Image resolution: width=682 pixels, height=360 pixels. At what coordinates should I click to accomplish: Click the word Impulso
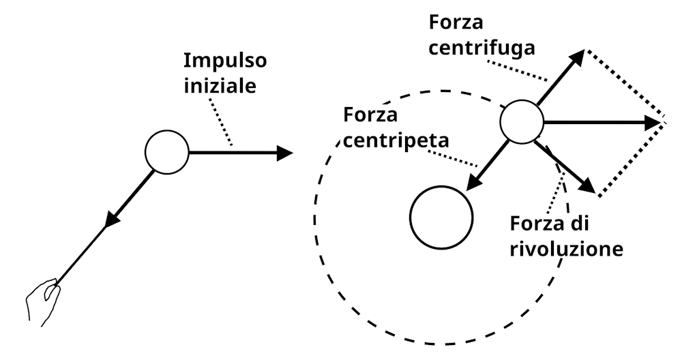pyautogui.click(x=225, y=61)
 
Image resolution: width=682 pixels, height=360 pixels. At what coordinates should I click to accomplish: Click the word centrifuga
pyautogui.click(x=481, y=48)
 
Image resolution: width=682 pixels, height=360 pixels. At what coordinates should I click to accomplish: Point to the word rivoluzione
pyautogui.click(x=566, y=249)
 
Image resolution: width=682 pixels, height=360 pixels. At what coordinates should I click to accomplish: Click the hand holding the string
pyautogui.click(x=42, y=299)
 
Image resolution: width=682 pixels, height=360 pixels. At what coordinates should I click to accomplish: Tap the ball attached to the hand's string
pyautogui.click(x=167, y=152)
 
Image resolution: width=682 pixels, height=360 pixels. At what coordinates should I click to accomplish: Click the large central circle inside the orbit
pyautogui.click(x=441, y=217)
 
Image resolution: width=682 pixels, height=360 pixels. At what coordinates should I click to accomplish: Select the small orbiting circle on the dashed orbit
pyautogui.click(x=522, y=123)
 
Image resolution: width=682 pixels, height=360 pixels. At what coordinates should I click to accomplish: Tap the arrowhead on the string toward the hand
pyautogui.click(x=111, y=220)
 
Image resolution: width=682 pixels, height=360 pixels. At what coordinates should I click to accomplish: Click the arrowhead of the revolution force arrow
pyautogui.click(x=588, y=187)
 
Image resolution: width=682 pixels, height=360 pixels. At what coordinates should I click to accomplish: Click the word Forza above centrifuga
pyautogui.click(x=456, y=21)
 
